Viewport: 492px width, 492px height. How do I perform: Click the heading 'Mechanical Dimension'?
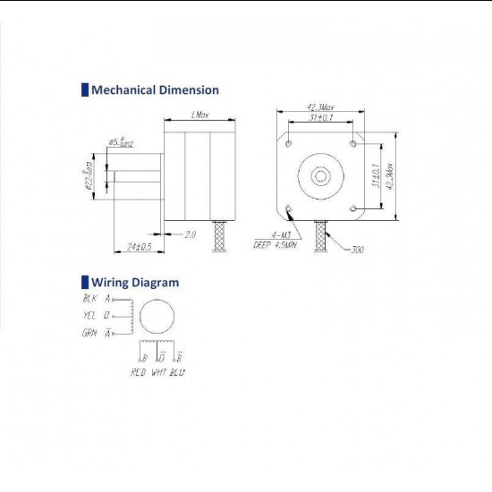tap(155, 89)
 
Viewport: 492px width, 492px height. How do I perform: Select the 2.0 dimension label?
tap(190, 234)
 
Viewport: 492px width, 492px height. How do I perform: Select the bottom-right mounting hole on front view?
tap(355, 209)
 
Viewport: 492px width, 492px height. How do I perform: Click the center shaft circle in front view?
tap(321, 175)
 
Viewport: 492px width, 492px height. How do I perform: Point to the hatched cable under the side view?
tap(216, 236)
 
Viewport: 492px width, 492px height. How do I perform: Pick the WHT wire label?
tap(160, 370)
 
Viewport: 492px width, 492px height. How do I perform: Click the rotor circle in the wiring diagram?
tap(157, 316)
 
